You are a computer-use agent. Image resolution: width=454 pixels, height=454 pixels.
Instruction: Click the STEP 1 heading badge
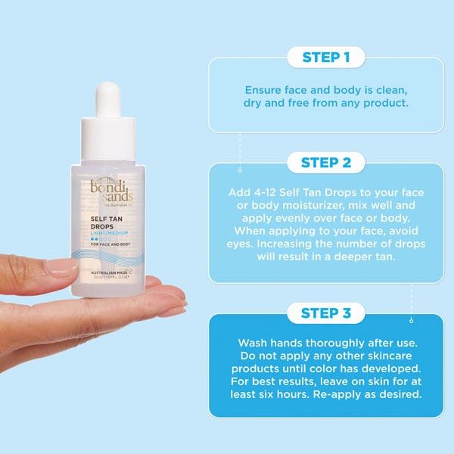point(325,57)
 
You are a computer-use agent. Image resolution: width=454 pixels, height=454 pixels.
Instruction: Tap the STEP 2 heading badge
point(325,162)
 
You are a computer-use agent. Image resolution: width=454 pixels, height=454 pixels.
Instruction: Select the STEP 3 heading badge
point(325,313)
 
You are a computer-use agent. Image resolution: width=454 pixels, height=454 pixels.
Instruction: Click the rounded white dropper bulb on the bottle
point(111,99)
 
